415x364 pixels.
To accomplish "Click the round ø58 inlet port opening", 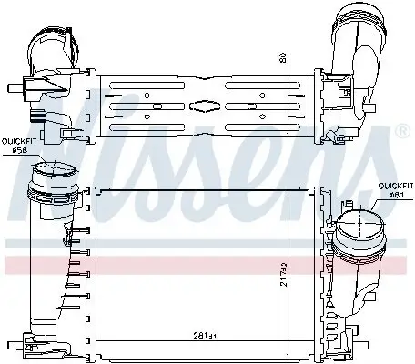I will click(x=56, y=173).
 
